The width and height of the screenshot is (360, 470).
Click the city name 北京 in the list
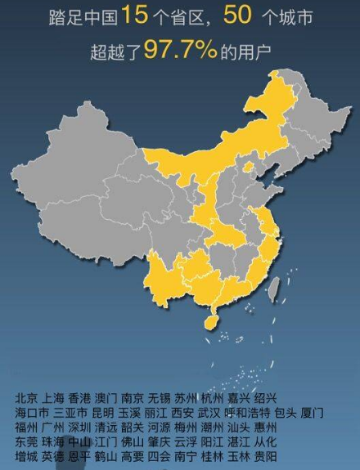(25, 398)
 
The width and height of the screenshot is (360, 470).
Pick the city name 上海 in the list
(52, 398)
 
